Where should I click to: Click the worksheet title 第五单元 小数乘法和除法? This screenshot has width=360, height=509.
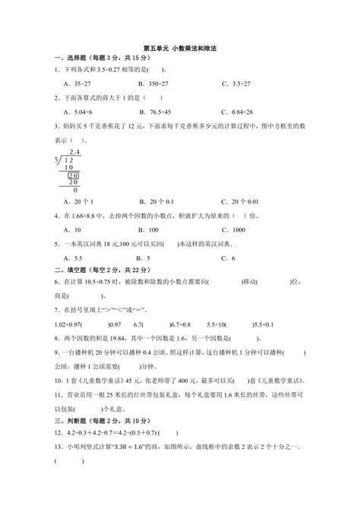(x=179, y=47)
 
